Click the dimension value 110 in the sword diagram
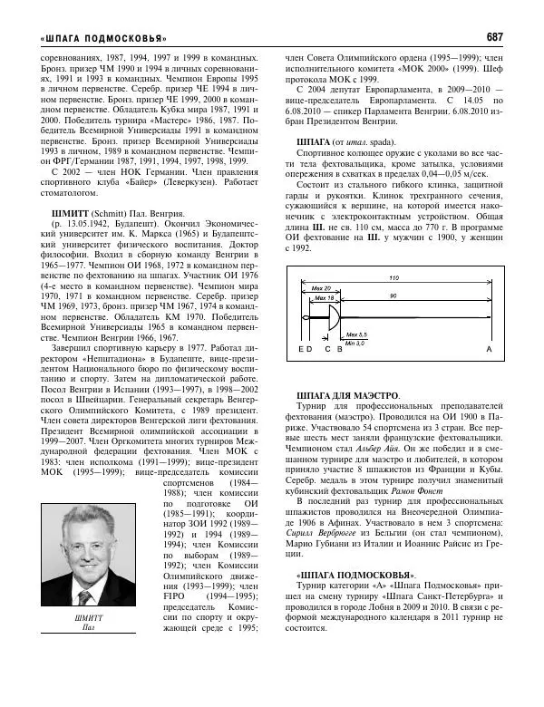(x=393, y=276)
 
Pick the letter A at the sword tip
(x=490, y=373)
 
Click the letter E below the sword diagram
(x=300, y=373)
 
